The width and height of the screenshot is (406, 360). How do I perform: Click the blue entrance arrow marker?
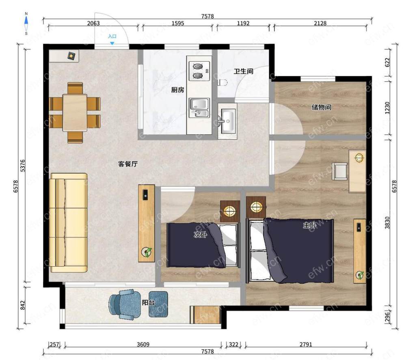(112, 43)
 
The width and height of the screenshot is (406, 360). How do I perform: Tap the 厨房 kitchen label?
(178, 90)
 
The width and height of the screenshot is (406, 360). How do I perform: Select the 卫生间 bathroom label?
(243, 71)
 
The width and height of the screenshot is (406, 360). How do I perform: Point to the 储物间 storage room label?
(321, 107)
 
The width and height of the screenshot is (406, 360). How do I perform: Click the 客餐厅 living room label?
(128, 164)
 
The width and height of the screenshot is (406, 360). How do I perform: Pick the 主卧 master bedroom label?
(309, 225)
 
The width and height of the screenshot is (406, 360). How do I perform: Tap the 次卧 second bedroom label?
(201, 235)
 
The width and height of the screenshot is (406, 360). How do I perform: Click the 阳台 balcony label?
(148, 302)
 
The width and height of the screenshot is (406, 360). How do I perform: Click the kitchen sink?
(199, 108)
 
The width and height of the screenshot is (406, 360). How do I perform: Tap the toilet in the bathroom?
(222, 82)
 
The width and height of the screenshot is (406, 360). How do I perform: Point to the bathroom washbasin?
(227, 121)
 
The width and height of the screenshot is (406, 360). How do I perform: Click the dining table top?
(75, 112)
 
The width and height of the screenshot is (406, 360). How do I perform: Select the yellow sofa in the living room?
(69, 222)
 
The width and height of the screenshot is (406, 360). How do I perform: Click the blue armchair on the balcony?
(125, 304)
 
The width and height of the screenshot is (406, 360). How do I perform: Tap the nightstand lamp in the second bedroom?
(230, 211)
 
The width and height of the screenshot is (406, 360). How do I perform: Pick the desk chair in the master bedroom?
(340, 171)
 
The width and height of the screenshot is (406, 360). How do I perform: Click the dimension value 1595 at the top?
(178, 23)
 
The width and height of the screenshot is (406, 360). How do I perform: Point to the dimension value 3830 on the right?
(387, 222)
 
